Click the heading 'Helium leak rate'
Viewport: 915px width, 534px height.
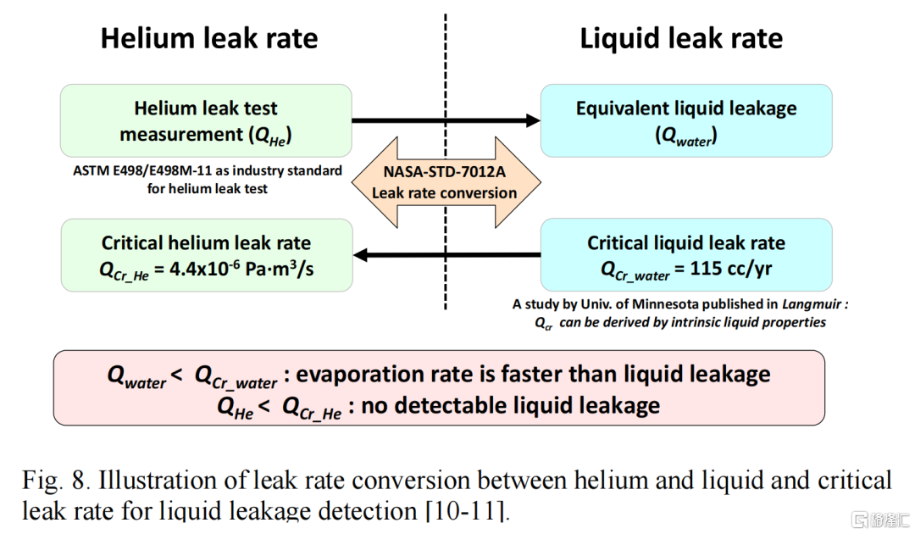(x=209, y=38)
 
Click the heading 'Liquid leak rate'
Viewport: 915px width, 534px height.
(x=681, y=38)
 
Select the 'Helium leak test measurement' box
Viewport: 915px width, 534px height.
(x=206, y=120)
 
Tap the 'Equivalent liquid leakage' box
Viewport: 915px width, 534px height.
(x=686, y=120)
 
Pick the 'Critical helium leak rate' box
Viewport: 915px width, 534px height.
(x=206, y=255)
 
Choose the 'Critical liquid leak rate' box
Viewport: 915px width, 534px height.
(x=686, y=255)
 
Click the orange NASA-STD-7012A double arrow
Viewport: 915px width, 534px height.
(x=445, y=182)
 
